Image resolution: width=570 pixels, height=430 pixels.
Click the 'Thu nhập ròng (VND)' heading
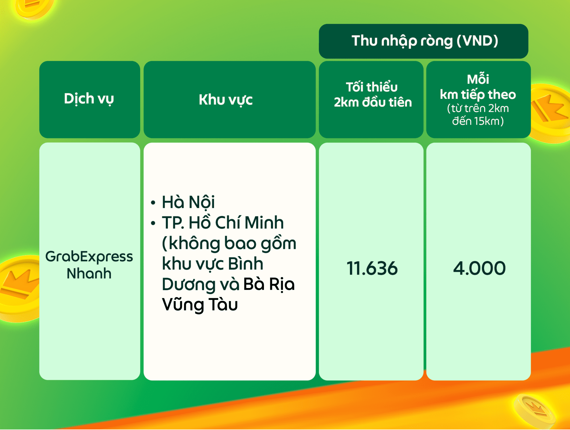(x=425, y=41)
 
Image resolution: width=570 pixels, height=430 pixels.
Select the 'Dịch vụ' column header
(x=89, y=99)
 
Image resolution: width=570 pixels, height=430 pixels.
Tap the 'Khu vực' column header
(x=226, y=99)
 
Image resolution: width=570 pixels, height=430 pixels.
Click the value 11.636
(x=372, y=268)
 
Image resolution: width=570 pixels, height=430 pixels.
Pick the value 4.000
(x=479, y=268)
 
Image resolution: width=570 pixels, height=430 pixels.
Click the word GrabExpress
(x=89, y=257)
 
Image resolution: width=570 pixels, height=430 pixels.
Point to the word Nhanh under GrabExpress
(x=89, y=274)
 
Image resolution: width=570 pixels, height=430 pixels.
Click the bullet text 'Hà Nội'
(x=188, y=202)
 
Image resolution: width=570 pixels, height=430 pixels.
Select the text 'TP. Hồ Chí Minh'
(x=223, y=222)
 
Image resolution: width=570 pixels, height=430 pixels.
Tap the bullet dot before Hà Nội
(x=153, y=203)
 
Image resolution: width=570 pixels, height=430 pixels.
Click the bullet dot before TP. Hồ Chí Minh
(x=153, y=223)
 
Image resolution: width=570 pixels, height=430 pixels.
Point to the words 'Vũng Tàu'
(x=200, y=304)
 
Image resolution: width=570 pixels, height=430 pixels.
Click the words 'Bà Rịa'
(x=269, y=284)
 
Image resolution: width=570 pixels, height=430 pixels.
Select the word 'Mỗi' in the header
(x=478, y=79)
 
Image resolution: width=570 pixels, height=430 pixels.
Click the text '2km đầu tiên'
(x=373, y=102)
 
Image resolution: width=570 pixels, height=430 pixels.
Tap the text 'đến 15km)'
(x=478, y=121)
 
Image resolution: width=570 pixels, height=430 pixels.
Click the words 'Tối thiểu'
(x=372, y=87)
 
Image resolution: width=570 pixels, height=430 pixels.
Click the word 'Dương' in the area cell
(x=188, y=284)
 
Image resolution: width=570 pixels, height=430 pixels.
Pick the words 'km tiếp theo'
(x=478, y=94)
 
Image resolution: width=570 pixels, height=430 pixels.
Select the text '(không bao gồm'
(x=229, y=244)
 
